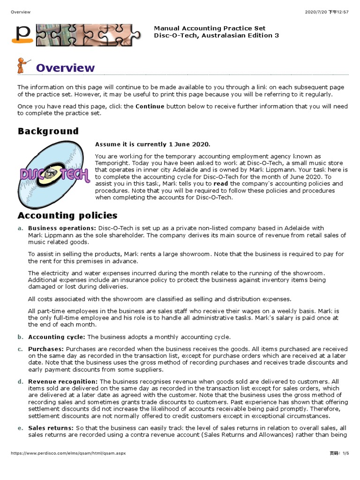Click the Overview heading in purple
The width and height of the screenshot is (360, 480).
[65, 68]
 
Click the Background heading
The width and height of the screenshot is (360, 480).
[48, 131]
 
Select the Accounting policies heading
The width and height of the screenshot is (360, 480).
[67, 216]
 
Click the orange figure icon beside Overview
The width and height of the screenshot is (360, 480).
[23, 66]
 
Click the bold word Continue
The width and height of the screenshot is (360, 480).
[150, 106]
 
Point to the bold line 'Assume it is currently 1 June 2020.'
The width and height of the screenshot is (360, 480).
[153, 144]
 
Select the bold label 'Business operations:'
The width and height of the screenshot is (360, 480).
[62, 228]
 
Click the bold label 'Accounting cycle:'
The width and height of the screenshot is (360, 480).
[57, 337]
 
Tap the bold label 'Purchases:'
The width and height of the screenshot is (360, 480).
[46, 349]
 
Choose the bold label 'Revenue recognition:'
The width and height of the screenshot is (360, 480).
[63, 382]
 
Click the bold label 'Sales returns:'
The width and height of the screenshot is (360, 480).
[51, 428]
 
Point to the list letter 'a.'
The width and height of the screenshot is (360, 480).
[20, 228]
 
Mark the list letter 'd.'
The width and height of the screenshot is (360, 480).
[20, 382]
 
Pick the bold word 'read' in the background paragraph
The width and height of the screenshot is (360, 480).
[221, 184]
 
